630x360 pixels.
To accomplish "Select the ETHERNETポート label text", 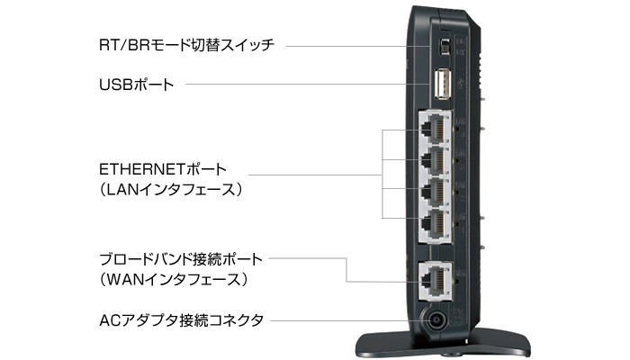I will pyautogui.click(x=163, y=169).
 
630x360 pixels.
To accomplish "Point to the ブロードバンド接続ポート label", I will pyautogui.click(x=182, y=259).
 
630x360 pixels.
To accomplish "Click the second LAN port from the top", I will pyautogui.click(x=436, y=160).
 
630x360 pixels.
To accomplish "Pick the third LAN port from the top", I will pyautogui.click(x=436, y=191).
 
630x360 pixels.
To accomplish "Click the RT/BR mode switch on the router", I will pyautogui.click(x=443, y=44).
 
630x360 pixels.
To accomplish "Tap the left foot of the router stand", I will pyautogui.click(x=364, y=345).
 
